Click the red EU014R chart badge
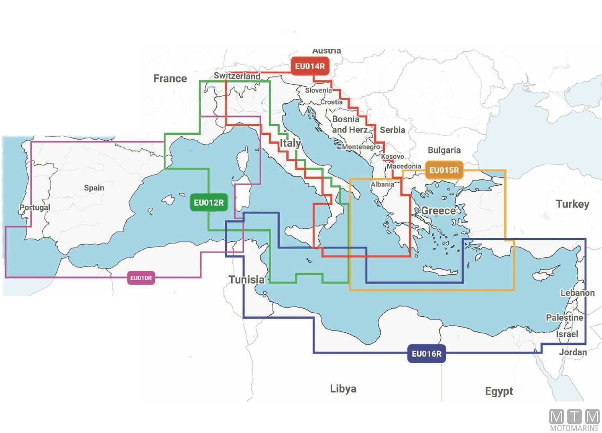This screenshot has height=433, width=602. tap(310, 66)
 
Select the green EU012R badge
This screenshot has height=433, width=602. tap(209, 202)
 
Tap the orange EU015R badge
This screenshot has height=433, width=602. tap(444, 170)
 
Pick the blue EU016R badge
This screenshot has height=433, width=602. tap(426, 354)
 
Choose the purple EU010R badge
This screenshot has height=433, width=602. tap(141, 278)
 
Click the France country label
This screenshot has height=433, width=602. tap(170, 79)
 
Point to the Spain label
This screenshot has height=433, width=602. tap(94, 188)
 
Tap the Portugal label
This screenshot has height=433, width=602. tap(35, 207)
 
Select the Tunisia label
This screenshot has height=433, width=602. tap(246, 279)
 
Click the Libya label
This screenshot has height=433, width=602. tap(343, 388)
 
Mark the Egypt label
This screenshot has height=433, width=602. tap(499, 391)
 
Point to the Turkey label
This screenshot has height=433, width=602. tap(572, 204)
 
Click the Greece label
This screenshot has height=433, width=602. tap(438, 210)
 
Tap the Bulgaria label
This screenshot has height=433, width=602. tap(444, 150)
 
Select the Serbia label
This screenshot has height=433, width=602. tap(392, 130)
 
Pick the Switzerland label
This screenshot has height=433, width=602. tap(237, 75)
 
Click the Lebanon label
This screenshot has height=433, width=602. tap(577, 293)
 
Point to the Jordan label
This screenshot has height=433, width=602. tap(573, 352)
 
